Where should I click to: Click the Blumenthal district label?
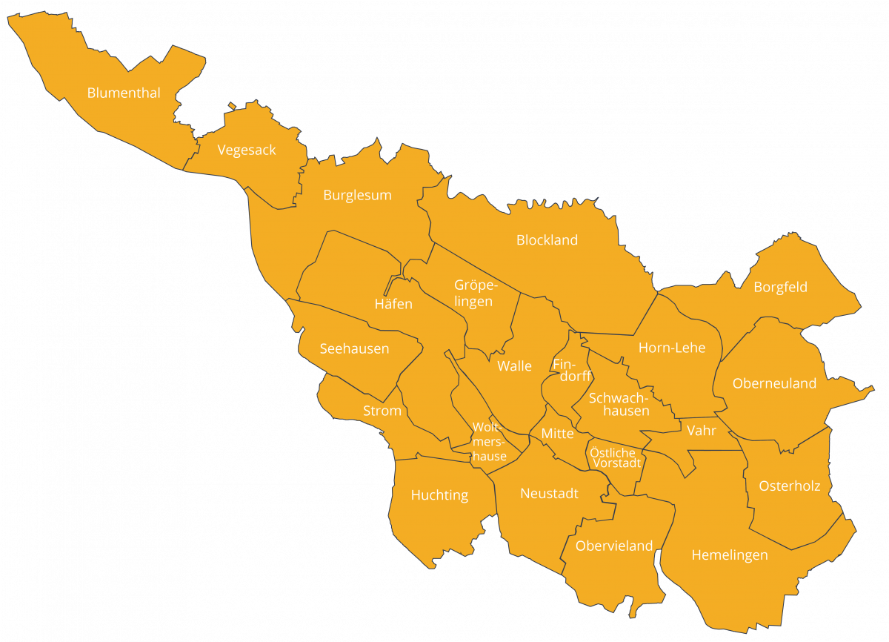pyautogui.click(x=124, y=93)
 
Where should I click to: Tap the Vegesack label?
pyautogui.click(x=247, y=150)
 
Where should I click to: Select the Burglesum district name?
pyautogui.click(x=357, y=196)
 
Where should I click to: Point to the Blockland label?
pyautogui.click(x=547, y=240)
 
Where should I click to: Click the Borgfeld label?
pyautogui.click(x=780, y=287)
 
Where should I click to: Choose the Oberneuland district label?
pyautogui.click(x=774, y=383)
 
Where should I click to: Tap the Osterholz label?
pyautogui.click(x=789, y=486)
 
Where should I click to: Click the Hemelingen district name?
pyautogui.click(x=729, y=555)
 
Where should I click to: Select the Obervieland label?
pyautogui.click(x=614, y=546)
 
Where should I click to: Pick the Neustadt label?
pyautogui.click(x=549, y=494)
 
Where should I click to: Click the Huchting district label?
pyautogui.click(x=439, y=495)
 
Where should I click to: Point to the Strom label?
pyautogui.click(x=382, y=411)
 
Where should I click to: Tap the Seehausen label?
pyautogui.click(x=354, y=348)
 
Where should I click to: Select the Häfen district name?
pyautogui.click(x=393, y=304)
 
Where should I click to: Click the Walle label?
pyautogui.click(x=514, y=366)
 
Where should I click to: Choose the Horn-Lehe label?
pyautogui.click(x=671, y=348)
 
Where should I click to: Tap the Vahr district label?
pyautogui.click(x=701, y=431)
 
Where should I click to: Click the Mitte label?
pyautogui.click(x=557, y=434)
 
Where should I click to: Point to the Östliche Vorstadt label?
pyautogui.click(x=615, y=457)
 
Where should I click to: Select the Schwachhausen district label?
pyautogui.click(x=619, y=404)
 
